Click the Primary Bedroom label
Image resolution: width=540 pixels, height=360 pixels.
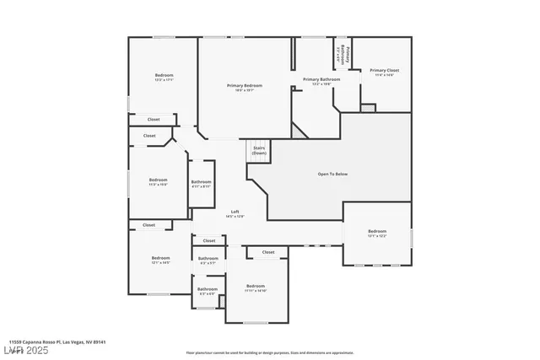click(244, 87)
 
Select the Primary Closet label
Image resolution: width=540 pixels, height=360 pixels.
click(384, 73)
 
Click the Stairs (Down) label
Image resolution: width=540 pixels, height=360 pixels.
click(259, 150)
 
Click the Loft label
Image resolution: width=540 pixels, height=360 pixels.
click(235, 213)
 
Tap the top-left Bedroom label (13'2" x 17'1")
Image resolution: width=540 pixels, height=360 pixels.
click(164, 78)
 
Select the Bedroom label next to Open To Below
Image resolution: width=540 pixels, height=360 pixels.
click(376, 233)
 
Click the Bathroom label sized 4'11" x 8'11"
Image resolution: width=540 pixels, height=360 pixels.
click(201, 184)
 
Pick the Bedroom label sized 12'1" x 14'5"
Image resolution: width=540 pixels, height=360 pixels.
click(160, 260)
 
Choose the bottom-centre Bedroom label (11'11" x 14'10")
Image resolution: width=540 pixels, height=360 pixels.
click(256, 287)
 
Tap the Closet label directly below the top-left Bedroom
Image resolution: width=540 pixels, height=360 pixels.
click(154, 120)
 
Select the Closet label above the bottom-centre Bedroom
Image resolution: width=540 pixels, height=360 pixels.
click(268, 252)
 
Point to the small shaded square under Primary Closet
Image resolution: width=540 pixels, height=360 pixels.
click(368, 107)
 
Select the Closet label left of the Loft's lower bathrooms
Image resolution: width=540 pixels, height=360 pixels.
click(149, 225)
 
